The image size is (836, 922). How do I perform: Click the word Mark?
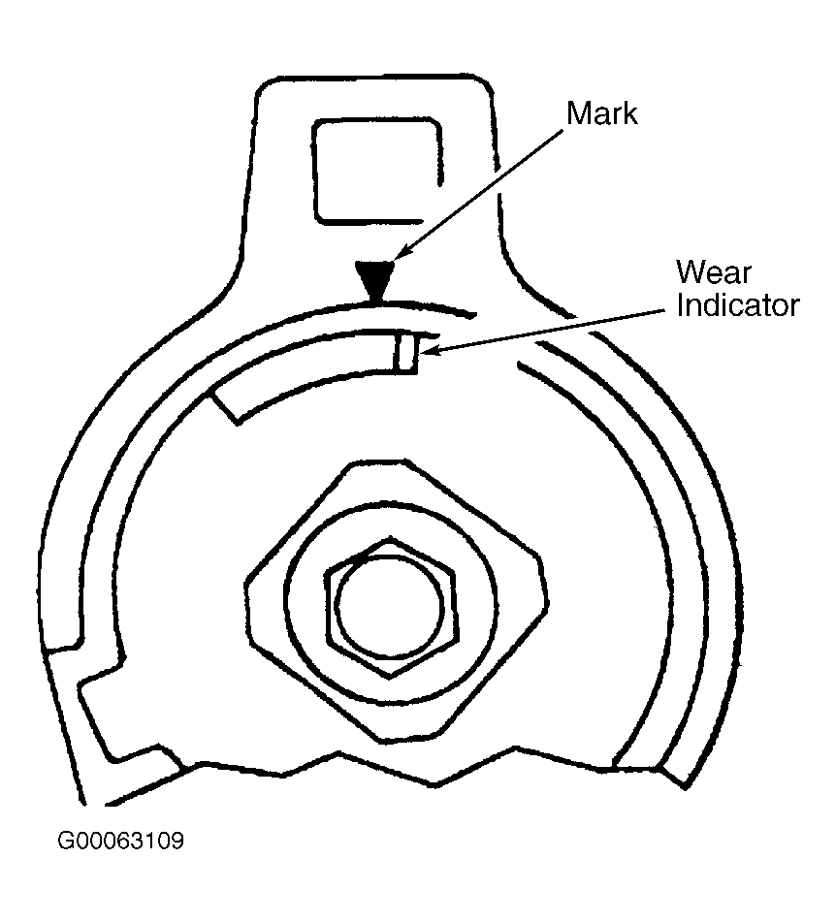(x=602, y=113)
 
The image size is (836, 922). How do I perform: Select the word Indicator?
(x=738, y=305)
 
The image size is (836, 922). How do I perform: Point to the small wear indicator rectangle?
(x=405, y=351)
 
